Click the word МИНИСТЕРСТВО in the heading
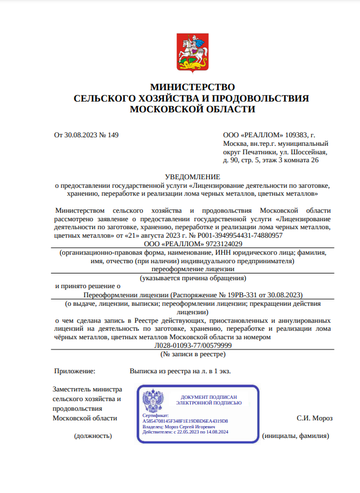tap(192, 87)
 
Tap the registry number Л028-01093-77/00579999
tap(193, 345)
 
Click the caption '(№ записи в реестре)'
tap(193, 354)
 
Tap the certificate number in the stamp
tap(185, 421)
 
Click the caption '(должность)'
tap(93, 436)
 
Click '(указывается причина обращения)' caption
tap(193, 278)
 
